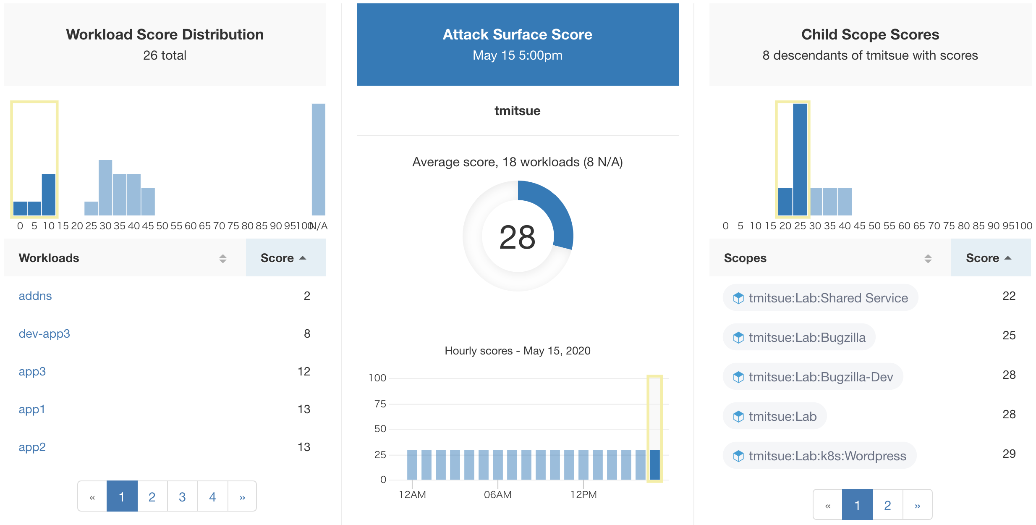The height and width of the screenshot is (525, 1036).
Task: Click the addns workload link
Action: (x=35, y=296)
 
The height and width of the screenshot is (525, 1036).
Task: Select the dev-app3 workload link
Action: (x=44, y=334)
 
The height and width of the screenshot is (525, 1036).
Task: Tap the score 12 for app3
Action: (x=304, y=372)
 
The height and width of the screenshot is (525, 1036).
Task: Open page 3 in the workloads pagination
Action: (x=182, y=497)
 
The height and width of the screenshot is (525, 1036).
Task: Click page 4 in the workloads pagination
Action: (x=212, y=497)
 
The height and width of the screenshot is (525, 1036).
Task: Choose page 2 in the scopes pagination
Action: (x=887, y=505)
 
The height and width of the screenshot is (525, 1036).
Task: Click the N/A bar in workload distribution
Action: (x=318, y=160)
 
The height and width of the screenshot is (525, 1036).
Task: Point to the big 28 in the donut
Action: (x=517, y=237)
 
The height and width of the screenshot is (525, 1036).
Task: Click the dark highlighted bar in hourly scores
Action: (x=654, y=465)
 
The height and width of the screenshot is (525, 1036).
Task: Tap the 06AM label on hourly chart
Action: (x=497, y=495)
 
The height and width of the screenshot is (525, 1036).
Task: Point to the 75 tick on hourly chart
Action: (x=380, y=404)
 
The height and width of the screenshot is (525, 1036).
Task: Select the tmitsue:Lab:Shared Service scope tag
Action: (x=821, y=298)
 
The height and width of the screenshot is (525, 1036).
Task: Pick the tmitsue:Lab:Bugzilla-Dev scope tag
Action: (x=813, y=377)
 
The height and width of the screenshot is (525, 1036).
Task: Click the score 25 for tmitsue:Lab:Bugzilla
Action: (x=1009, y=336)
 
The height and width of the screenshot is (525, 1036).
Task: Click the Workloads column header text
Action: (x=49, y=258)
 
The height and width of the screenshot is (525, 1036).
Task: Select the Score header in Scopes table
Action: (x=982, y=258)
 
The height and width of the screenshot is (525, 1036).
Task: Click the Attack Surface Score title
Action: (x=517, y=34)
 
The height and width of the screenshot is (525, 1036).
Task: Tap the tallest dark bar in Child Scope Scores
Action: (x=800, y=160)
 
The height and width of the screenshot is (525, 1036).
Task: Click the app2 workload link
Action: (x=32, y=447)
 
